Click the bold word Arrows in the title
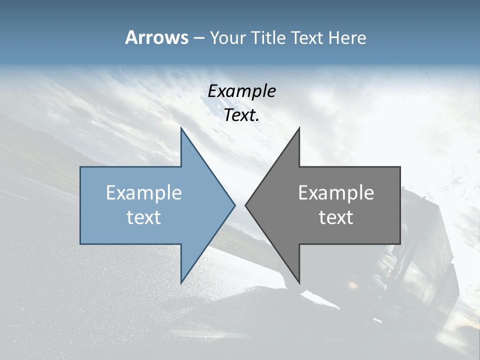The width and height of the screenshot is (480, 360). tap(157, 37)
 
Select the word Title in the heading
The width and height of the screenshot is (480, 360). tap(268, 38)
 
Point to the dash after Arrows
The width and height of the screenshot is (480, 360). tap(199, 38)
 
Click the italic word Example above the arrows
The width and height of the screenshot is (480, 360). tap(242, 91)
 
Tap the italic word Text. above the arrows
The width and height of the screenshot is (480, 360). tap(242, 115)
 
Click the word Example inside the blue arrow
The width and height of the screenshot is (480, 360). tap(144, 193)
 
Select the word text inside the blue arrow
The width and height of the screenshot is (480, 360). tap(144, 217)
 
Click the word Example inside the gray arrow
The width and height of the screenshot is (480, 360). tap(336, 193)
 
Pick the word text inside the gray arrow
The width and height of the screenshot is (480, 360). tap(336, 217)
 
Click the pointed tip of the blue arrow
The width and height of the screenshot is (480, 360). tap(234, 205)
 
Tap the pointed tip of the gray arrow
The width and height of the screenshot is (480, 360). tap(245, 205)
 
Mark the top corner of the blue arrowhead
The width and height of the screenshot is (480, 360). tap(181, 128)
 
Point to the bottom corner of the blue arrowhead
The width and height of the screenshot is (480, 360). tap(181, 282)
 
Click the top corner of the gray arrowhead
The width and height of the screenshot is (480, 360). tap(299, 128)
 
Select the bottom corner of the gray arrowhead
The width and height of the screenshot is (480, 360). tap(299, 282)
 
